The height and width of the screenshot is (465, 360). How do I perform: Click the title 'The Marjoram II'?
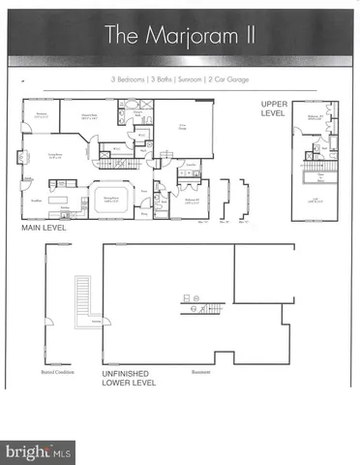[179, 36]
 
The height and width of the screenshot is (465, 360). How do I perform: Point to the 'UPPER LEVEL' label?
[279, 108]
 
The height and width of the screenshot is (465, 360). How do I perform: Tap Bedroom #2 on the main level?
[189, 201]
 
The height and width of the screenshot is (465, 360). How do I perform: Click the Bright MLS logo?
[39, 451]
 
